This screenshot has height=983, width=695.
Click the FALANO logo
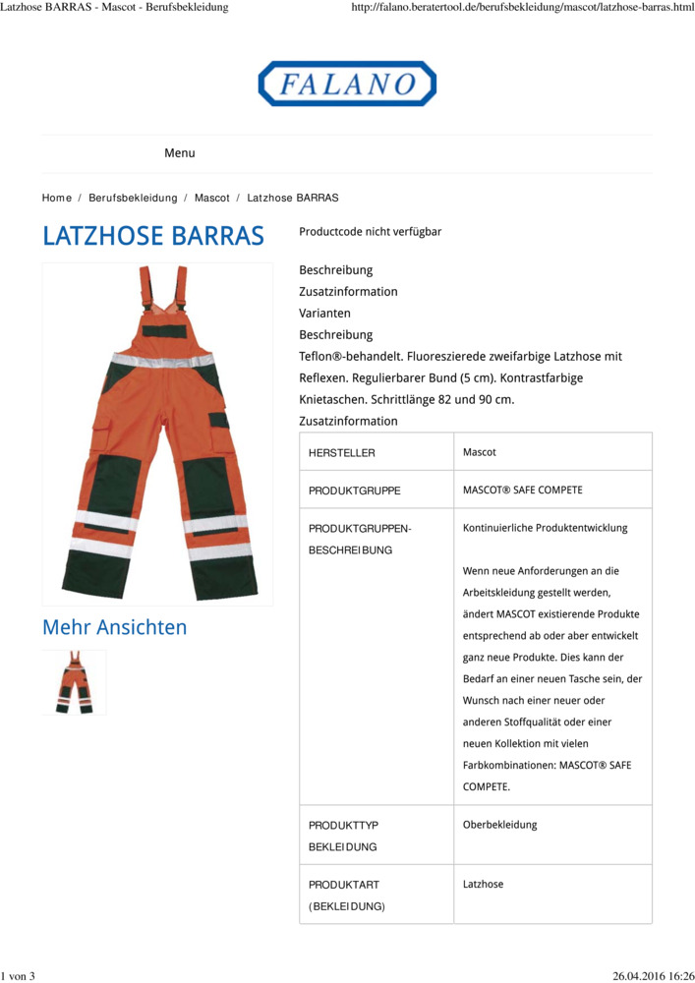[347, 84]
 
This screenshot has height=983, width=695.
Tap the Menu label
[179, 153]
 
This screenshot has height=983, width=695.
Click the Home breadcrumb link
[56, 198]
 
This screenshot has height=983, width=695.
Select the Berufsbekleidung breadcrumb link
[133, 198]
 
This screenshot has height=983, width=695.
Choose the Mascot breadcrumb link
[211, 198]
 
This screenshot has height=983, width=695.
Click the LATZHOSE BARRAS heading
[153, 237]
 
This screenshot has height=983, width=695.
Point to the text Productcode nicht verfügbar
[370, 232]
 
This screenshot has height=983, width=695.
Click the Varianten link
[324, 313]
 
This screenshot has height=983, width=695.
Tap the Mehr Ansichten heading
[114, 627]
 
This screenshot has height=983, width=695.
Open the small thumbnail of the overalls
[74, 682]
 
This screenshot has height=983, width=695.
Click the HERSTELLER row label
[342, 453]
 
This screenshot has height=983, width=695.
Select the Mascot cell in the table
[480, 452]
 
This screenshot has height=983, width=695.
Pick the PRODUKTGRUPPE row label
[354, 490]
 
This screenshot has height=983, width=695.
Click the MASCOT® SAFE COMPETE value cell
[522, 490]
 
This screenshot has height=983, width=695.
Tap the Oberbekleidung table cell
[500, 825]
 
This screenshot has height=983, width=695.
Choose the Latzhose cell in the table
[483, 884]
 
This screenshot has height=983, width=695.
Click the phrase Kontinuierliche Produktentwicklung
[545, 527]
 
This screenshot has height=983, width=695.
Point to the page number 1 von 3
[18, 975]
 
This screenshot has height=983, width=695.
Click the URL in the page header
[522, 7]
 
